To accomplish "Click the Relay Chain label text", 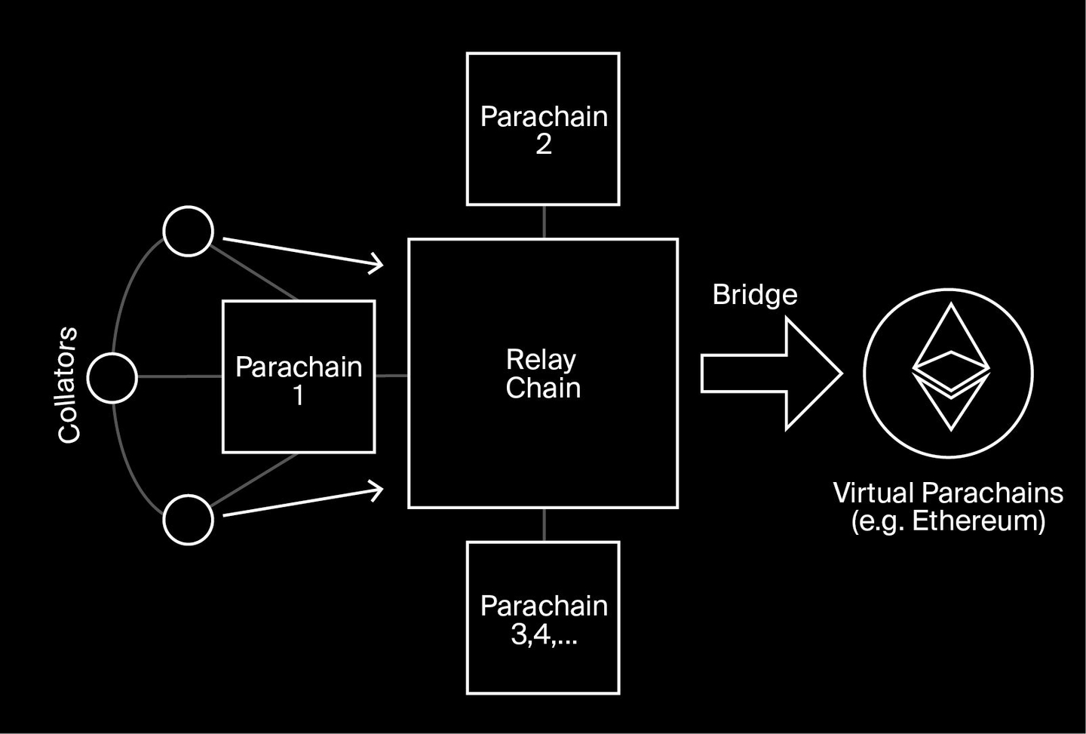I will tap(543, 373).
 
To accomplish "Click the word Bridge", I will tap(755, 294).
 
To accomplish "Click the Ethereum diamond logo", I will tap(950, 367).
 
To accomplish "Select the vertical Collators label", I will tap(69, 384).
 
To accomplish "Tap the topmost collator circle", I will tap(189, 231).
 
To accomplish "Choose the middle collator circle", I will tap(112, 376).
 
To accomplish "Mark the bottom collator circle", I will tap(189, 520).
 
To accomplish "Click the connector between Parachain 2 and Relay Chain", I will tap(544, 222).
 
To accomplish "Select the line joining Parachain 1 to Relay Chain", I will tap(391, 375).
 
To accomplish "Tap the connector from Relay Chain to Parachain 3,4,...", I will tap(544, 525).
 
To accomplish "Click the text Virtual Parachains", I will tap(948, 493).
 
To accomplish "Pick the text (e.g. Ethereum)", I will tap(948, 521).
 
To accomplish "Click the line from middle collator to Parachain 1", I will tap(179, 376).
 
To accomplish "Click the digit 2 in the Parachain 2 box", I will tap(544, 144).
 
